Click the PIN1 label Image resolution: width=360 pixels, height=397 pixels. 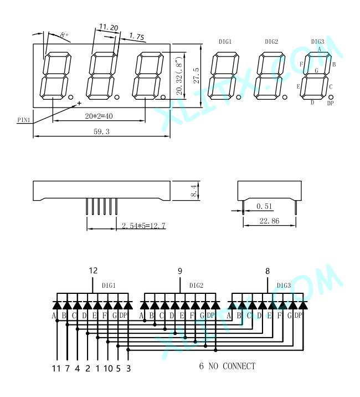23,120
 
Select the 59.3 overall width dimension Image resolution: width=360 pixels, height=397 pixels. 101,131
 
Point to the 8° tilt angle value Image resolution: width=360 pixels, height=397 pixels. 64,35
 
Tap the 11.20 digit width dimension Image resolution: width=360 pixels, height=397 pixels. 109,27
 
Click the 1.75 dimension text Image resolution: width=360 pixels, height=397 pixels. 137,37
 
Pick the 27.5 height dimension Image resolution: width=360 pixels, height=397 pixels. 197,75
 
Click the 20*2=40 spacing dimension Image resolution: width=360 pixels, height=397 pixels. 99,116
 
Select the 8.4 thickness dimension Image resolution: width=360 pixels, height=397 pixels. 193,191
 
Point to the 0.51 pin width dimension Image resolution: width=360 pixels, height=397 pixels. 264,206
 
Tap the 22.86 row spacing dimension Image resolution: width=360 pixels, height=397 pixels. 269,221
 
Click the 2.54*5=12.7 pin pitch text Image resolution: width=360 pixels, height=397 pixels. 143,225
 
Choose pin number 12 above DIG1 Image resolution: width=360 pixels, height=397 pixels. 93,271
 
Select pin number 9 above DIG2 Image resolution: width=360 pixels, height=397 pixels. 180,271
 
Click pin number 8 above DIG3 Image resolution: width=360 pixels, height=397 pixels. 268,271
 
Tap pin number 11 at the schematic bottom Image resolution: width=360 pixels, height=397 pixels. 56,368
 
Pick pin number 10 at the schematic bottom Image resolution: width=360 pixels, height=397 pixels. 108,368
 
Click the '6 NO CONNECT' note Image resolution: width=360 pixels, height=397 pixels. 227,366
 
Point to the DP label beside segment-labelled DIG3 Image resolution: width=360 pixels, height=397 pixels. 331,103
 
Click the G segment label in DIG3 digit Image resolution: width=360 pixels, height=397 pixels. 316,70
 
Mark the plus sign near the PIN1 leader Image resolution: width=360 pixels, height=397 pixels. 79,103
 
